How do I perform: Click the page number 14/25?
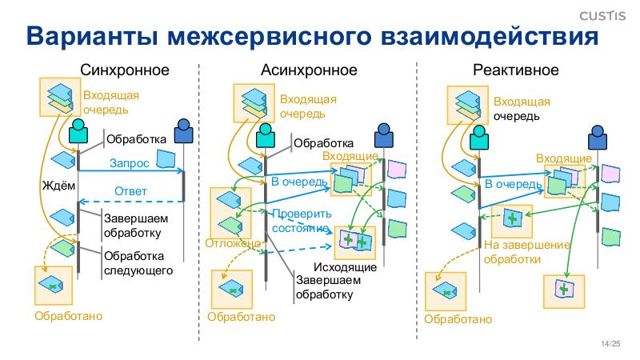click(610, 344)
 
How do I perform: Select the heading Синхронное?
click(125, 70)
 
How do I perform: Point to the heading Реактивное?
click(516, 70)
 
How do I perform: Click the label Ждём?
click(58, 186)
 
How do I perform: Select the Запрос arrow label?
click(128, 162)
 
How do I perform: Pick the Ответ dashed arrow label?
click(130, 191)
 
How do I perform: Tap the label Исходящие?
click(346, 266)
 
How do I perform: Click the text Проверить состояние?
click(301, 221)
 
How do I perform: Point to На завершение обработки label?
click(527, 252)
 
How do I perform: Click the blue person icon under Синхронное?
click(184, 128)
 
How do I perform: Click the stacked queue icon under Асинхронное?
click(254, 103)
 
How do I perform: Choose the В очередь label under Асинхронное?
click(299, 182)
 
